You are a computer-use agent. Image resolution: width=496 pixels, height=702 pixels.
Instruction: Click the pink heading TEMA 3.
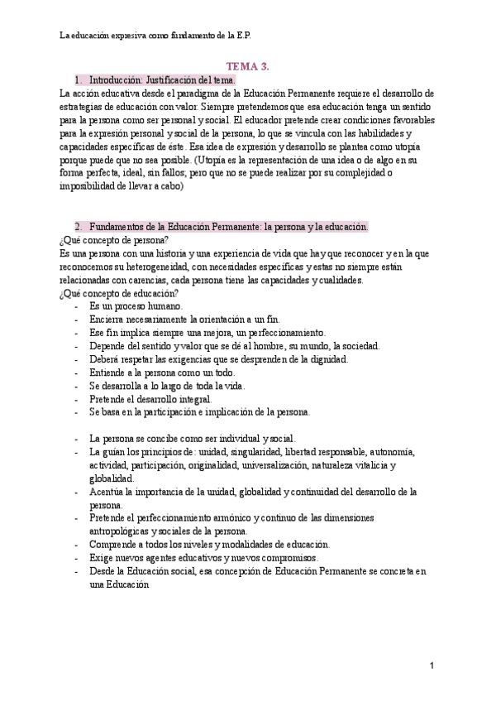coord(248,66)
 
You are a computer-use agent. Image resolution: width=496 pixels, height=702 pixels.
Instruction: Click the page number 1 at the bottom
coord(432,666)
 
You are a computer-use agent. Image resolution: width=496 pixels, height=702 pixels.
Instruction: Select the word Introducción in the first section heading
coord(114,80)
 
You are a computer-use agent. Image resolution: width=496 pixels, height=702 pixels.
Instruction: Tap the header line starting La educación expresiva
coord(156,36)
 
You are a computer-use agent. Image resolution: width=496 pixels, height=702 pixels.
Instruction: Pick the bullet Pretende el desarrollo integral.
coord(145,399)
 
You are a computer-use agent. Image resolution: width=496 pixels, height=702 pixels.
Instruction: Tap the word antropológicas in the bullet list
coord(125,531)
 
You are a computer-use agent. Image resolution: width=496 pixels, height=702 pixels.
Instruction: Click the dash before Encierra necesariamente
coord(77,320)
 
